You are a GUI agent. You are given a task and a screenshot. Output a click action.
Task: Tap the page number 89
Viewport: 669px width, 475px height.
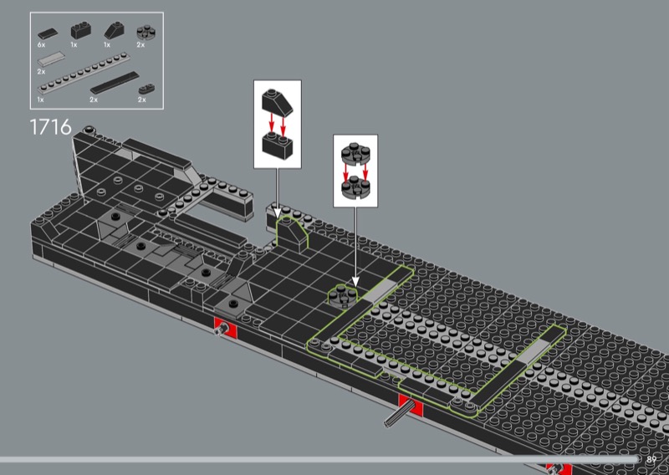pos(651,458)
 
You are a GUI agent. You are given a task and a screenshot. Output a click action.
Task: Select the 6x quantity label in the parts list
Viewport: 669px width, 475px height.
pos(42,43)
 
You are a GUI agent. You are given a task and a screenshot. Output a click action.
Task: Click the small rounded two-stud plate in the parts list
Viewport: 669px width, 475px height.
pos(144,87)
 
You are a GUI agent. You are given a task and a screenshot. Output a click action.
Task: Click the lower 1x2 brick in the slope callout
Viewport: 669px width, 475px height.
pos(276,146)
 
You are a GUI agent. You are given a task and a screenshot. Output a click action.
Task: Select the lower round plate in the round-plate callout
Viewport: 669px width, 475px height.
pos(356,186)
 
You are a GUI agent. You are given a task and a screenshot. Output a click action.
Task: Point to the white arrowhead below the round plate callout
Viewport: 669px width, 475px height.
pos(355,283)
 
